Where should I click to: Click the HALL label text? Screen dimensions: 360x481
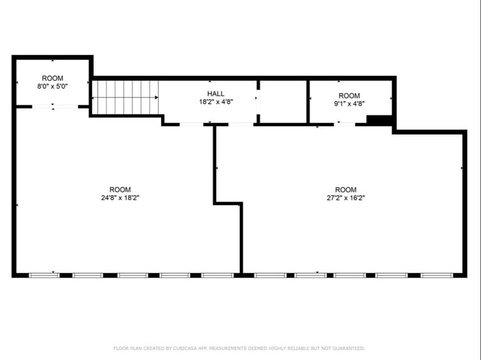(x=215, y=94)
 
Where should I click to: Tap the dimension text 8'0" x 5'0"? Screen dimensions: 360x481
(x=52, y=86)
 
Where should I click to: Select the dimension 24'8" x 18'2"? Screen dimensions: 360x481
(x=120, y=198)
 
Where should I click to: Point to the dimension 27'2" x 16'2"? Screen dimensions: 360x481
(x=346, y=198)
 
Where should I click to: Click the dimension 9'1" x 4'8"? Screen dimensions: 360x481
(x=349, y=104)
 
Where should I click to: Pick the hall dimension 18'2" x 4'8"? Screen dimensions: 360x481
(x=215, y=102)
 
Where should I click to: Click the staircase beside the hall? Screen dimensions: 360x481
(x=125, y=97)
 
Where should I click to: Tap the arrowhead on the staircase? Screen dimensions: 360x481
(x=157, y=97)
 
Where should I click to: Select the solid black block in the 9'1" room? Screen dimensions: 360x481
(x=379, y=120)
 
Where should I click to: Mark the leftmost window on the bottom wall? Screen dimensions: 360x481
(x=45, y=275)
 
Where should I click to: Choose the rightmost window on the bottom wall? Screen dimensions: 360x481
(x=437, y=275)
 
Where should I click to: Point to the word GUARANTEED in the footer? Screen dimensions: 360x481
(x=347, y=348)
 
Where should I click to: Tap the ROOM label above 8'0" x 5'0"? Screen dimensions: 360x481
(x=52, y=78)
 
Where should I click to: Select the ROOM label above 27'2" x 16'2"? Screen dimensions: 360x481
(x=346, y=190)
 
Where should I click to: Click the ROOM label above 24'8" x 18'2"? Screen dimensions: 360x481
(x=120, y=190)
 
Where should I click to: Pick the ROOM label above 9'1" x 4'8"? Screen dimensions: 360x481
(x=349, y=96)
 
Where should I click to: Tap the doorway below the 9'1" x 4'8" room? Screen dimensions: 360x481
(x=345, y=124)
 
